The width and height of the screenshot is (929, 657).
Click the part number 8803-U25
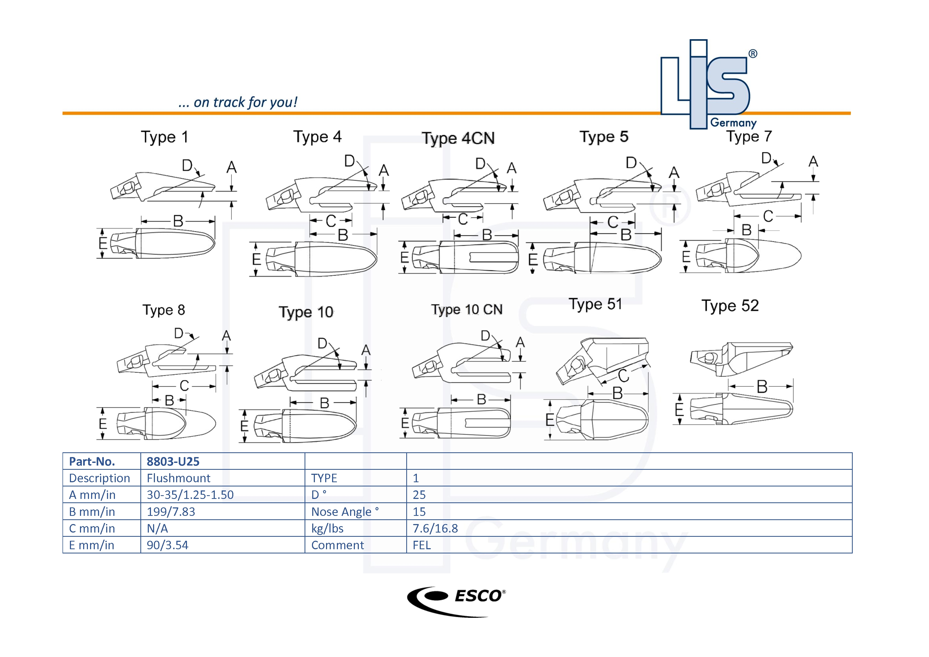[x=173, y=462]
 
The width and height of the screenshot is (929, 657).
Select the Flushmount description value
[x=178, y=478]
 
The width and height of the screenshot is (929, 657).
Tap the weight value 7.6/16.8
[x=435, y=528]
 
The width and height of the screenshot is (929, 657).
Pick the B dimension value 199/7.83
[x=171, y=512]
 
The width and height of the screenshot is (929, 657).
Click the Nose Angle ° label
[x=345, y=512]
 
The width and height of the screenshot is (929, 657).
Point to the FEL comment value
[x=422, y=545]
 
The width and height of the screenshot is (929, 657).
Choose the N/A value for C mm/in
[x=157, y=528]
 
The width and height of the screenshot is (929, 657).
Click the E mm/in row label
[x=91, y=545]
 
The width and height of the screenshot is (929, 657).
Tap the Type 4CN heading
[x=458, y=138]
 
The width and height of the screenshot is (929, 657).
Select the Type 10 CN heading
[x=467, y=310]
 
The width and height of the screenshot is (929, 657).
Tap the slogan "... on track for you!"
[x=238, y=102]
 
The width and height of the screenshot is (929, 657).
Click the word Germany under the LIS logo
[x=733, y=123]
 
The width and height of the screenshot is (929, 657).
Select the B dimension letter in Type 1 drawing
[x=178, y=221]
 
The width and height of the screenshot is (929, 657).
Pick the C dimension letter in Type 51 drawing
[x=623, y=376]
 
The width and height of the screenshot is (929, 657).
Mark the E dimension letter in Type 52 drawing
[x=679, y=410]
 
